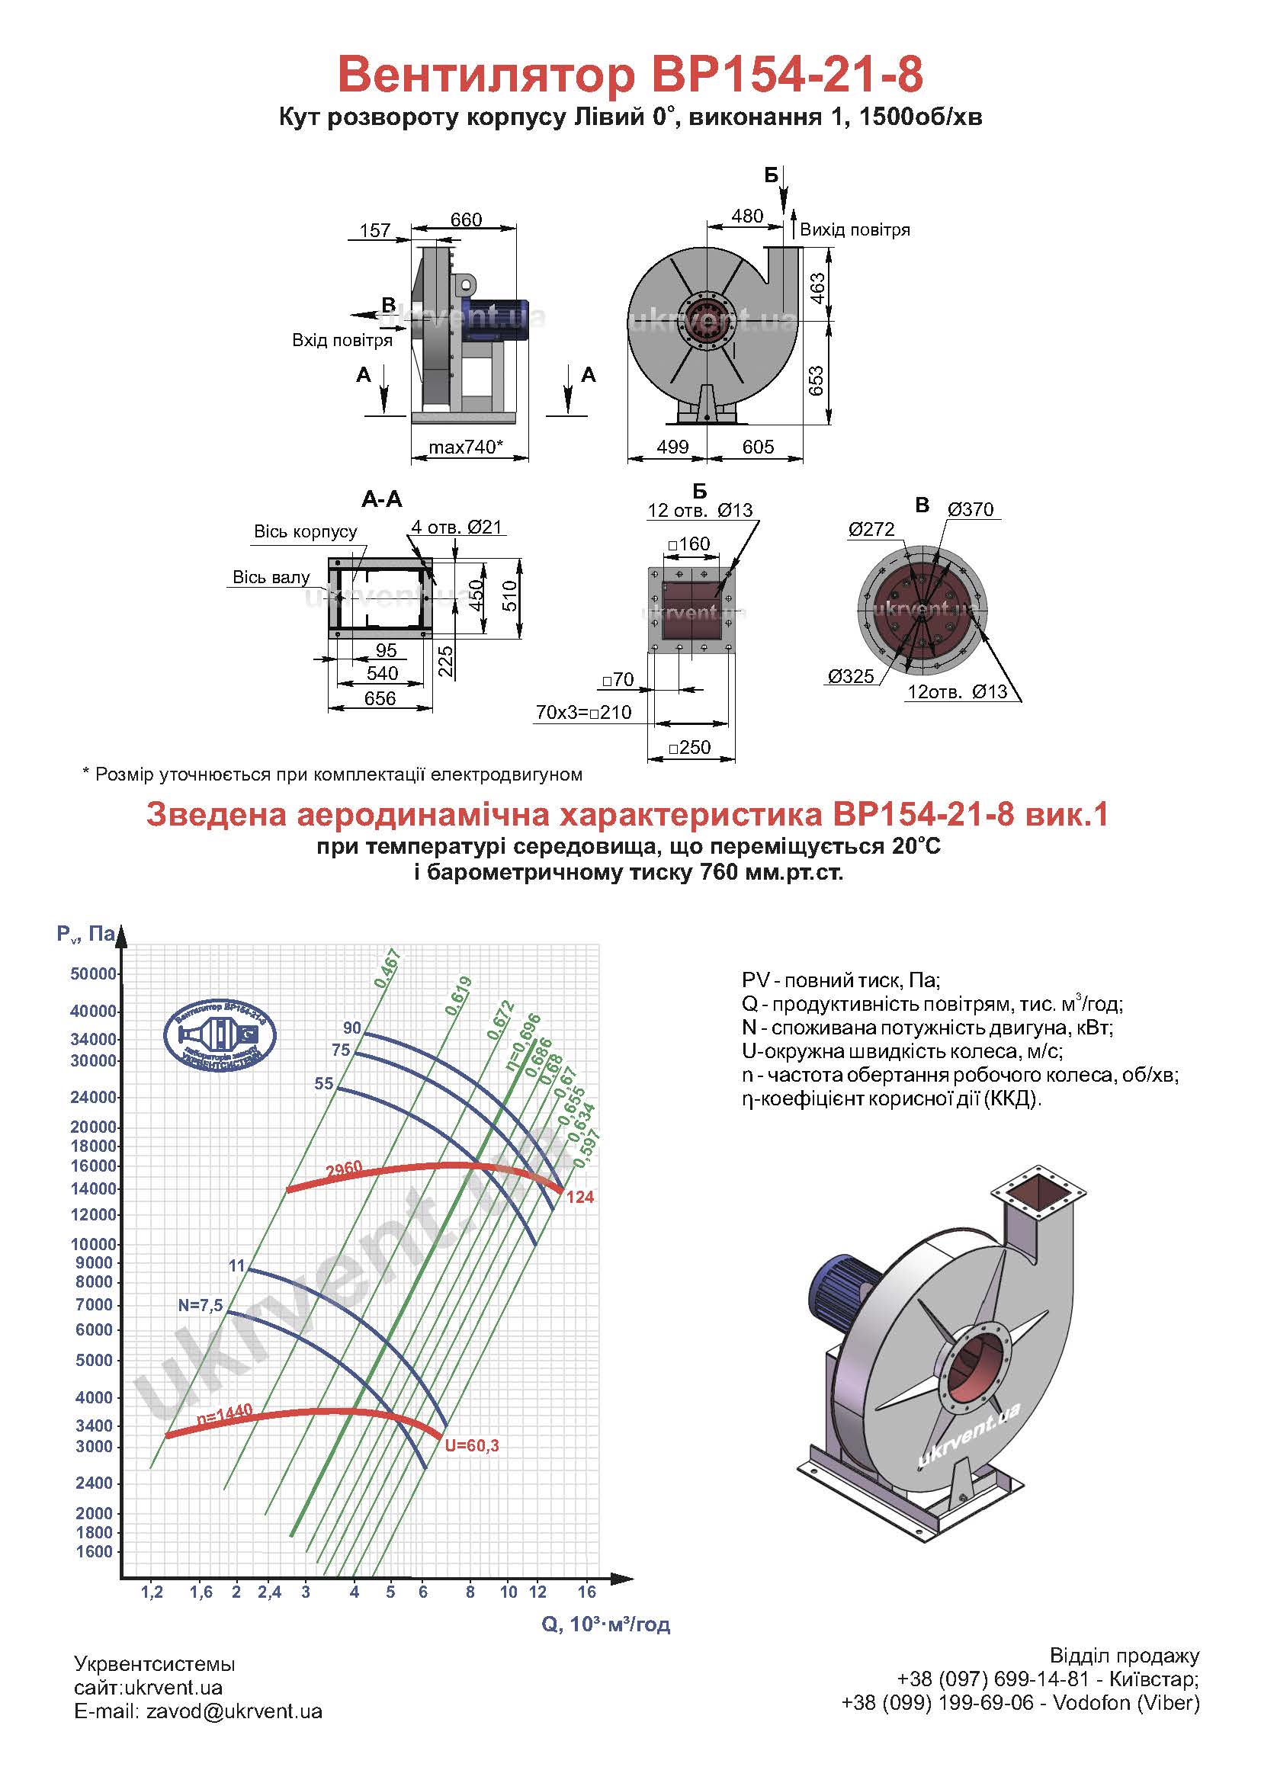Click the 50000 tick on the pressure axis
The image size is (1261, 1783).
tap(94, 973)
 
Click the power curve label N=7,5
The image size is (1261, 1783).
tap(201, 1305)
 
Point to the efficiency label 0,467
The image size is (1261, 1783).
tap(387, 968)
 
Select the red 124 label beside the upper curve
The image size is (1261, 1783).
tap(580, 1197)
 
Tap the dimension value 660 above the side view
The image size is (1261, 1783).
tap(466, 220)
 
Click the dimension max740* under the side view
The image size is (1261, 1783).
tap(466, 447)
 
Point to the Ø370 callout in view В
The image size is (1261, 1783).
tap(971, 509)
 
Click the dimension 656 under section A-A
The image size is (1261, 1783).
tap(380, 698)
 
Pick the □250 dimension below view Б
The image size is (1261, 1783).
tap(689, 747)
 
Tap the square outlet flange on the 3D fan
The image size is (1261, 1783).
tap(1039, 1194)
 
